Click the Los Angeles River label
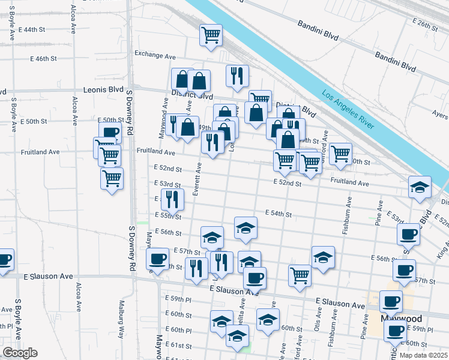click(x=348, y=111)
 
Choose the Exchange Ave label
click(x=155, y=56)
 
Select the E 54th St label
click(x=277, y=214)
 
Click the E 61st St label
click(x=179, y=346)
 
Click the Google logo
click(x=20, y=353)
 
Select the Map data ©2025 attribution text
click(x=424, y=355)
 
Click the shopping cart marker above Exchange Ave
click(x=211, y=35)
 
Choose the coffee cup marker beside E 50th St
click(x=110, y=133)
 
